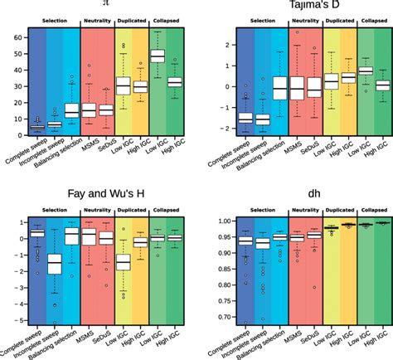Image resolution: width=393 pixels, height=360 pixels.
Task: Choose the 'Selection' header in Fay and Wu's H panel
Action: click(53, 212)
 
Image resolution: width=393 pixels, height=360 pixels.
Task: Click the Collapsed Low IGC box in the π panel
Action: click(180, 56)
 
